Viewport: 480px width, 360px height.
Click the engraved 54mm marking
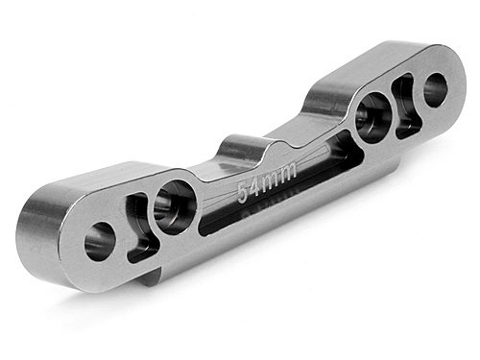click(266, 179)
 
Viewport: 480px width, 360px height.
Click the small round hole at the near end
click(99, 240)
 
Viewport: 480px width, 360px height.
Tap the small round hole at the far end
click(435, 89)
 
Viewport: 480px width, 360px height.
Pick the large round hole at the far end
click(372, 117)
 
